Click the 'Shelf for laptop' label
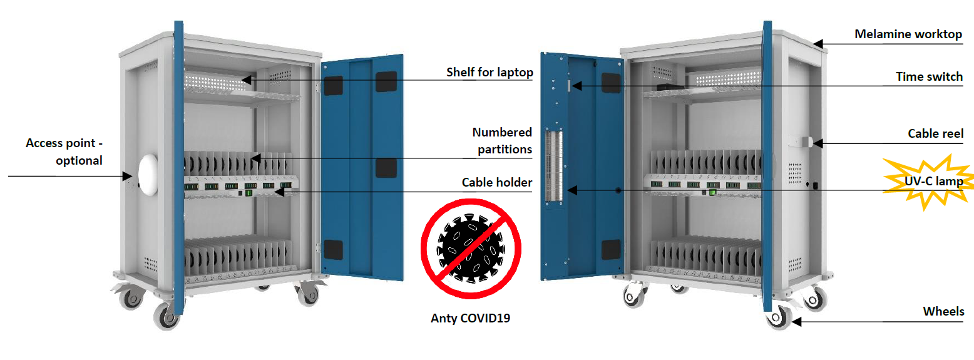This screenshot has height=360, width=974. [x=489, y=72]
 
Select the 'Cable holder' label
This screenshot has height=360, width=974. [x=497, y=182]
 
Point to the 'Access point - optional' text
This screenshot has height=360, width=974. [x=64, y=152]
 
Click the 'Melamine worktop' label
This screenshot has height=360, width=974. [x=908, y=34]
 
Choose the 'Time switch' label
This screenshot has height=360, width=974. [x=929, y=76]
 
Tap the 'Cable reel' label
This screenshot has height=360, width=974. [x=935, y=133]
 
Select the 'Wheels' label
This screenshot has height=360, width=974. [x=943, y=311]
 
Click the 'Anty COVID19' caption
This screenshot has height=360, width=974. [x=470, y=318]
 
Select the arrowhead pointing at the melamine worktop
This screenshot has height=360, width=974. [x=818, y=44]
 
